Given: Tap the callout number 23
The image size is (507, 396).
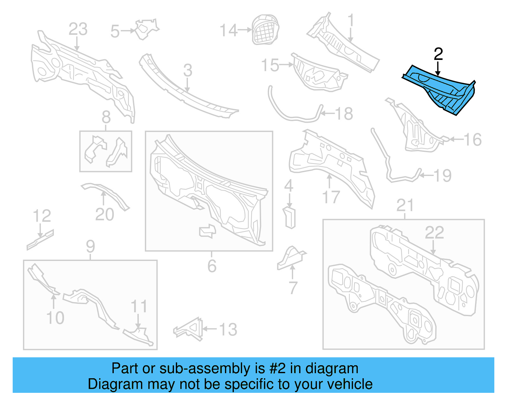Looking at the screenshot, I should pyautogui.click(x=78, y=29).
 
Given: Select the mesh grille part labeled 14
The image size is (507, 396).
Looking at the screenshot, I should pyautogui.click(x=265, y=29).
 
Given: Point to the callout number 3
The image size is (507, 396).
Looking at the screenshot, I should pyautogui.click(x=188, y=70).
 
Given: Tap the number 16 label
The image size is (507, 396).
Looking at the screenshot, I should pyautogui.click(x=472, y=140).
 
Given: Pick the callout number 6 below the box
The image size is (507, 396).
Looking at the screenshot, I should pyautogui.click(x=212, y=266).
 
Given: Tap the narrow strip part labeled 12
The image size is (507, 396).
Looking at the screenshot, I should pyautogui.click(x=40, y=240).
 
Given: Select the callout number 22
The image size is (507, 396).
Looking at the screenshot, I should pyautogui.click(x=434, y=233).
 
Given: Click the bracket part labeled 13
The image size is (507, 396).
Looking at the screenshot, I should pyautogui.click(x=189, y=329).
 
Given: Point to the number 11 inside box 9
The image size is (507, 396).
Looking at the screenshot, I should pyautogui.click(x=139, y=306).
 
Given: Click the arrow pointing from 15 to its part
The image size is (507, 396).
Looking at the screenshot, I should pyautogui.click(x=286, y=65).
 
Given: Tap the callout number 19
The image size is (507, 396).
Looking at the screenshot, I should pyautogui.click(x=442, y=175).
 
